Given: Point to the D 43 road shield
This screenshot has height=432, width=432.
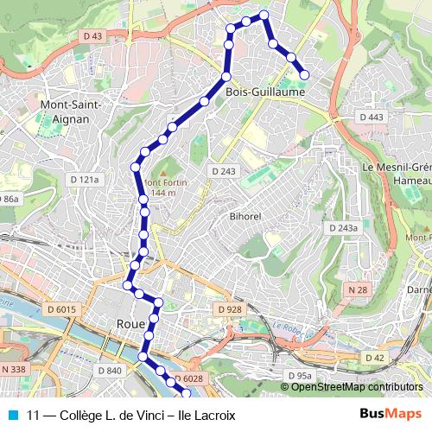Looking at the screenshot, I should (x=93, y=35).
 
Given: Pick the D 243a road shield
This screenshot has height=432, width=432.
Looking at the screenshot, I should (x=342, y=228).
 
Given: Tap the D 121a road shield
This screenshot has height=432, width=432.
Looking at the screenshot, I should (x=86, y=179).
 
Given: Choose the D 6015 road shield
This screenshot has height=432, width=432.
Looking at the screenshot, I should (x=61, y=309).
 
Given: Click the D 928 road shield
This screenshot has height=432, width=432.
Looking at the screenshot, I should (x=229, y=309).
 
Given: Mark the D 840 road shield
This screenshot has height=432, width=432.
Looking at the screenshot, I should (x=110, y=371).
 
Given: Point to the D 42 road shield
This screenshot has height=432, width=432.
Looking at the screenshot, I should (x=374, y=358).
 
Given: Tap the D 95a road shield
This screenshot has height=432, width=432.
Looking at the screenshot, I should (x=298, y=376).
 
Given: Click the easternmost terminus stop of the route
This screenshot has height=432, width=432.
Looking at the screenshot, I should (x=303, y=74).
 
